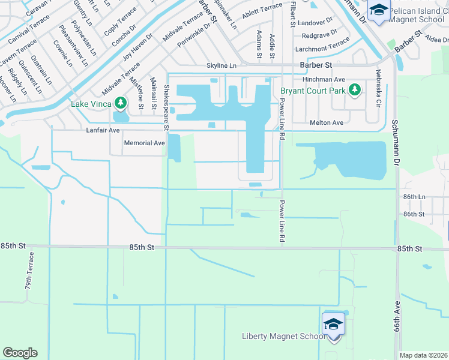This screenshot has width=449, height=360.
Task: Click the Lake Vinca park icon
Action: click(121, 103)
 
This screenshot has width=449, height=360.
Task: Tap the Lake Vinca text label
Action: click(92, 103)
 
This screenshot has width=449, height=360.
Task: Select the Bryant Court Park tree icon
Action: click(355, 90)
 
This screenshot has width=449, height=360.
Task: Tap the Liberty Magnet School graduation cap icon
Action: click(333, 325)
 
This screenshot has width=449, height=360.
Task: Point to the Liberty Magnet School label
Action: click(283, 336)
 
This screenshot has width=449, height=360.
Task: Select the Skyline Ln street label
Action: click(221, 65)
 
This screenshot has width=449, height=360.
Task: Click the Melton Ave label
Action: click(326, 122)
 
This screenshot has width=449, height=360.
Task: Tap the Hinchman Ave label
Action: click(324, 79)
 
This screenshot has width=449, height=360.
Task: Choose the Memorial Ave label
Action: click(144, 143)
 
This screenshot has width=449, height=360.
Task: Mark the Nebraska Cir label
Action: click(378, 88)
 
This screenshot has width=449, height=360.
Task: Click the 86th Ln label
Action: click(414, 197)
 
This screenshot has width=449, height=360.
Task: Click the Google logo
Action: click(20, 353)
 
